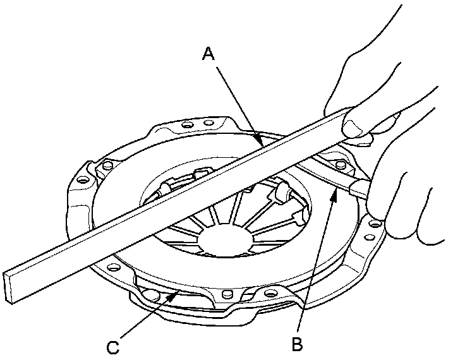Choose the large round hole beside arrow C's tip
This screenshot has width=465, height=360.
point(151,293)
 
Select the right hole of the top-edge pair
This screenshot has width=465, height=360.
point(207,122)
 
